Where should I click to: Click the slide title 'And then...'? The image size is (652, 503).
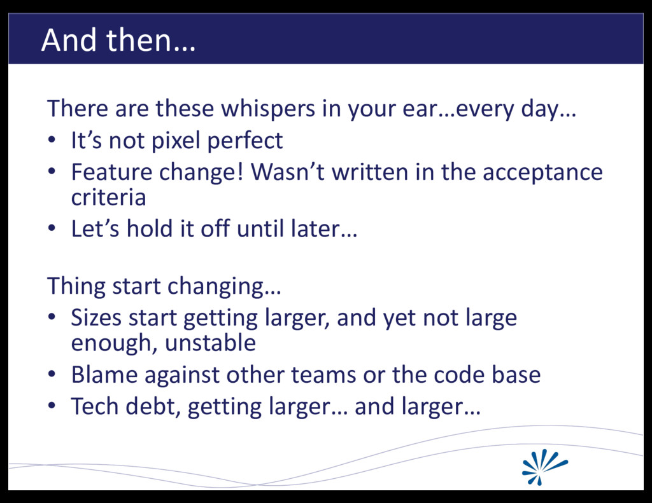[118, 40]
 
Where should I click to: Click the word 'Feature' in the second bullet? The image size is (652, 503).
[111, 172]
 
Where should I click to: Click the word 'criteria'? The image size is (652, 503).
[108, 197]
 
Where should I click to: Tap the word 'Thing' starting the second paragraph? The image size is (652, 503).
[76, 287]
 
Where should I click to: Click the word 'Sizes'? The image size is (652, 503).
[96, 318]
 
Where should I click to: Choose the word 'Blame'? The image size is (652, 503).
[104, 375]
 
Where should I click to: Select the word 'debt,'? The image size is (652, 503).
[153, 407]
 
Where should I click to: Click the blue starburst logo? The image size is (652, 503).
[544, 467]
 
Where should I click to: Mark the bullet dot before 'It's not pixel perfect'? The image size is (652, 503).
[51, 141]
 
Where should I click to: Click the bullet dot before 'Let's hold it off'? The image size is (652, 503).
[51, 228]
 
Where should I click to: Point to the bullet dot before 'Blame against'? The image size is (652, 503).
[51, 375]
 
